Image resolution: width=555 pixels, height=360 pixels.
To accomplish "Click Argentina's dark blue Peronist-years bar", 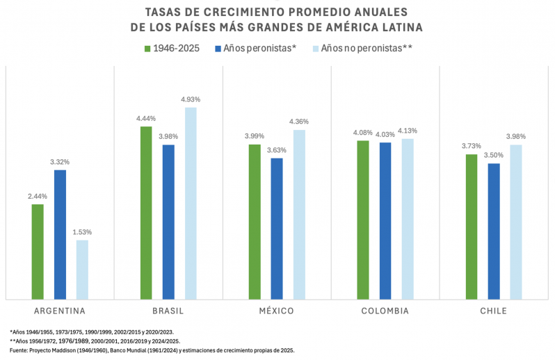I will coord(60,234).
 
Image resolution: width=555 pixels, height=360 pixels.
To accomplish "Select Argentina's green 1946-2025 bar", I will coord(38,252).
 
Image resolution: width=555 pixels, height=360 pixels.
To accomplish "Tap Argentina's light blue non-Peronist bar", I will coord(82,270).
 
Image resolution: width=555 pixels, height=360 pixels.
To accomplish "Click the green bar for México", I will coord(255,222).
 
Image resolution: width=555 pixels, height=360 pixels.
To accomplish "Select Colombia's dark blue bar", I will coord(385,220).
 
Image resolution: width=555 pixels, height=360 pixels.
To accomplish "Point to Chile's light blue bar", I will coord(515,222).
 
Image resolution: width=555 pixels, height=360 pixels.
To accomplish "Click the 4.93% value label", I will coord(191,100).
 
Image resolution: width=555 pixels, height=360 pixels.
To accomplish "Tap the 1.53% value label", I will coord(82,232).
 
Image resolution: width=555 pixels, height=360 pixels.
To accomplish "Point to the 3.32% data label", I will coord(60,162).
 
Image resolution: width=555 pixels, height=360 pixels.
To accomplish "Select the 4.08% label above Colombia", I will coord(362,132).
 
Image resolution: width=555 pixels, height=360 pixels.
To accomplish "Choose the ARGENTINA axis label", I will coord(60,311).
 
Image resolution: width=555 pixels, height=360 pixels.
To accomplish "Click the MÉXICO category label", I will coord(277,311).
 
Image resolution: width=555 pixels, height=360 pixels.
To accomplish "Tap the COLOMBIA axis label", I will coord(385,311).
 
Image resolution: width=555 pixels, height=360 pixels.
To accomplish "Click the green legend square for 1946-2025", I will coord(147,49).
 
